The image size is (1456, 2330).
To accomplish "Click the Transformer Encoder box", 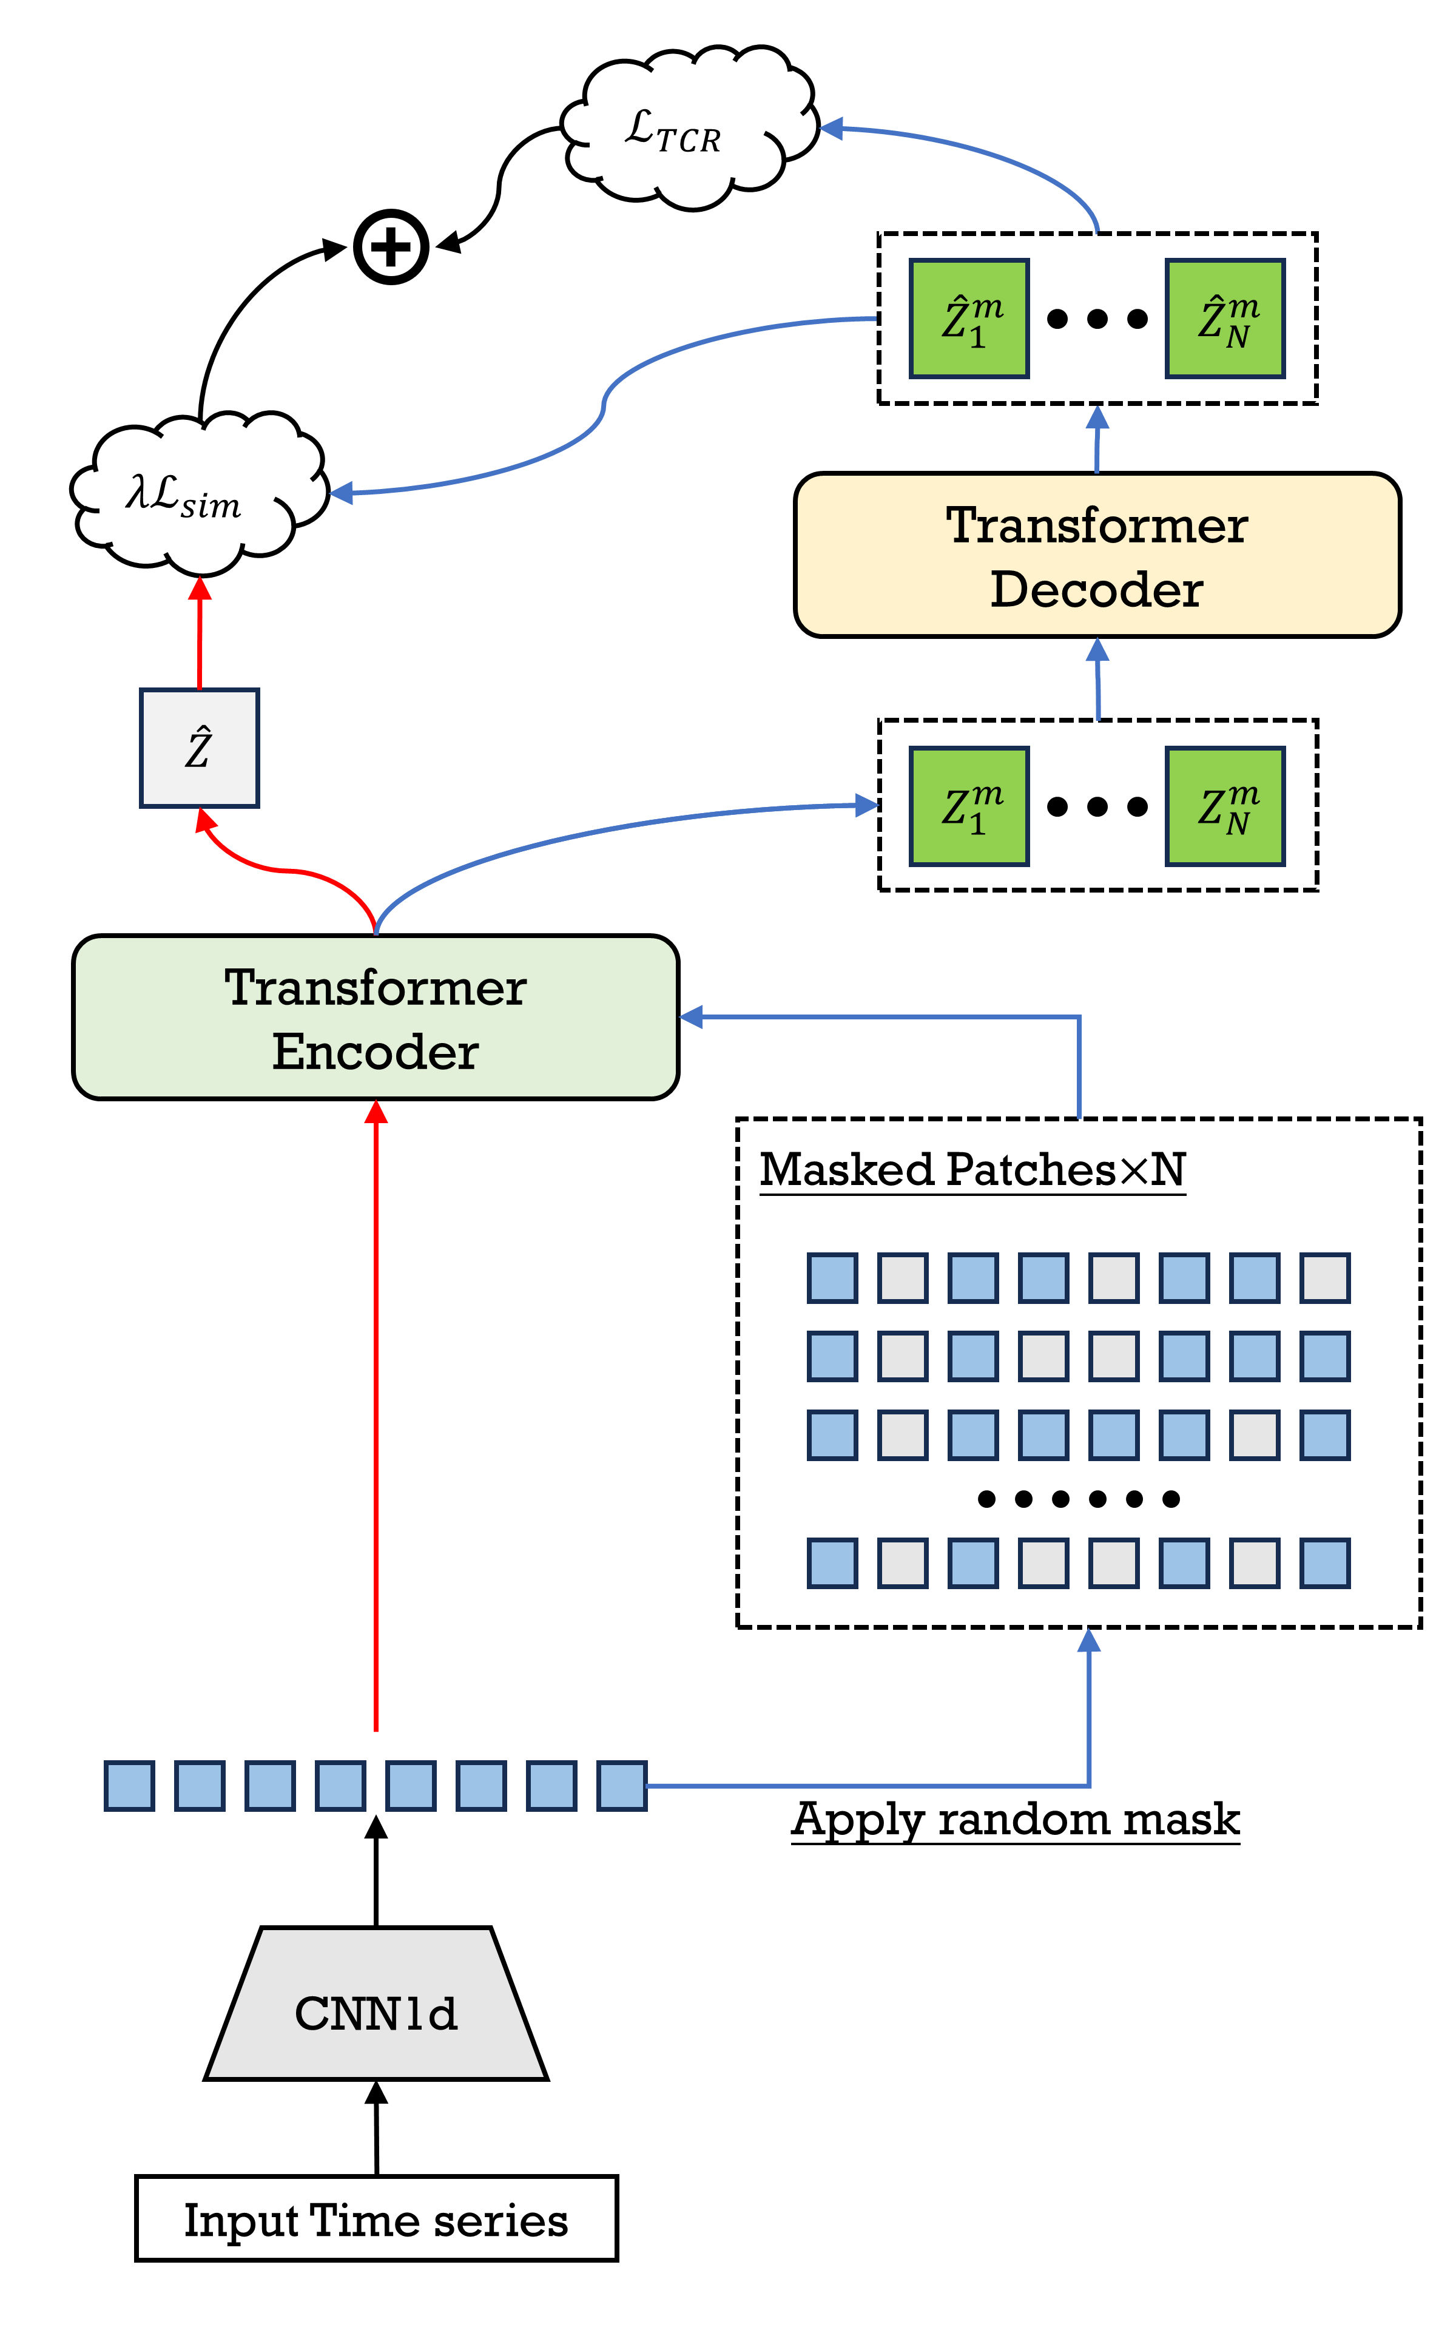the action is click(x=376, y=1018).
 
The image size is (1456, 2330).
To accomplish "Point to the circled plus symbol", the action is click(x=391, y=246).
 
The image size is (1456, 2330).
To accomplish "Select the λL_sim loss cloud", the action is click(x=200, y=493).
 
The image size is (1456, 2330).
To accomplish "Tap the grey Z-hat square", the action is click(x=200, y=748).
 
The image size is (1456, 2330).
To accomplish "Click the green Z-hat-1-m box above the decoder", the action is click(x=969, y=319).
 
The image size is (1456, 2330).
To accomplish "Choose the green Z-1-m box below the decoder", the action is click(x=969, y=807).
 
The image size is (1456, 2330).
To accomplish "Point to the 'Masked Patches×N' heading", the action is click(x=972, y=1170).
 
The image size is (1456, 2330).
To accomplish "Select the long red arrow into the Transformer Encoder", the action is click(x=376, y=1416).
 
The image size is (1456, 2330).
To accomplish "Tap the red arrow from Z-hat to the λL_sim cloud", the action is click(x=200, y=633).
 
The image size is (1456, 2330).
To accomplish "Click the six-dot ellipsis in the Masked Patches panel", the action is click(x=1079, y=1499).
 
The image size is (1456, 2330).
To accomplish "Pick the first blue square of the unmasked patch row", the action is click(x=129, y=1786).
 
